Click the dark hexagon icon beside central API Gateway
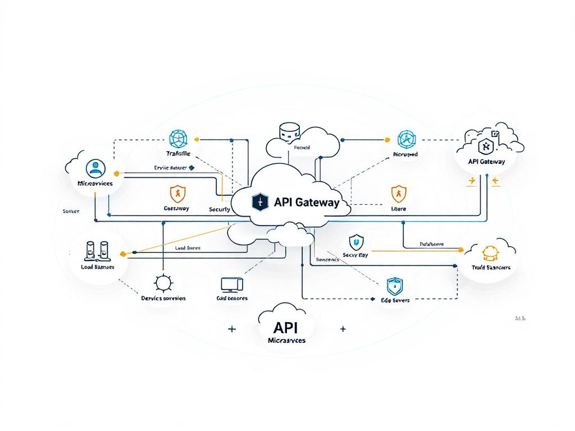[x=259, y=202]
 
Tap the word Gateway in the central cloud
[x=315, y=203]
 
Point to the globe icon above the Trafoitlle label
[x=178, y=139]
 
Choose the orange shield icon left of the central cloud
[x=176, y=194]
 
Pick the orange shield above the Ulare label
[x=398, y=194]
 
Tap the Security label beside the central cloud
[x=219, y=209]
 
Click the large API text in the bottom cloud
[x=286, y=328]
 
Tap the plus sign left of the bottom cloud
[x=232, y=329]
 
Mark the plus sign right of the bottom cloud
[x=343, y=329]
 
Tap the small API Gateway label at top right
[x=486, y=162]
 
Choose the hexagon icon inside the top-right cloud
[x=485, y=147]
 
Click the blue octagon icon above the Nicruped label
[x=405, y=139]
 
